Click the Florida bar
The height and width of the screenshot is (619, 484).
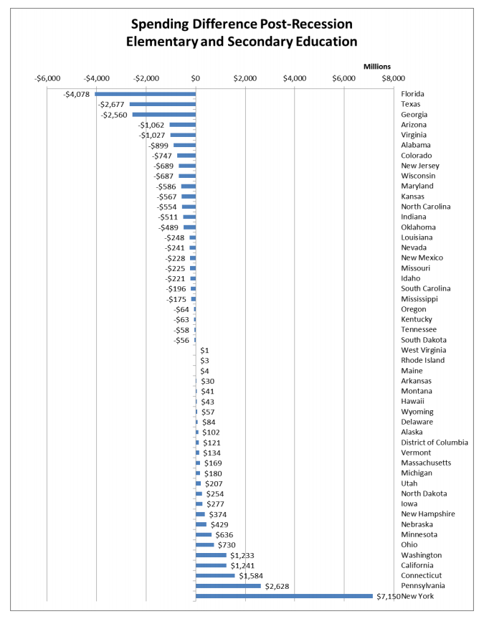[146, 94]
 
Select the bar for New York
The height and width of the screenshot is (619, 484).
[284, 596]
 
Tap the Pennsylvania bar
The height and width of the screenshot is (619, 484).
[228, 586]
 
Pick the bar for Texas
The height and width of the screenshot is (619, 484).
[163, 104]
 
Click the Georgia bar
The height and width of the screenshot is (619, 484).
[164, 115]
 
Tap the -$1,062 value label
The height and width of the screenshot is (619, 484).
[151, 125]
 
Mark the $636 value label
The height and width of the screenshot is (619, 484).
[224, 535]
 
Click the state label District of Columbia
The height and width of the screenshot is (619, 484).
[435, 443]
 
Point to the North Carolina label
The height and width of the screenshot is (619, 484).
[426, 207]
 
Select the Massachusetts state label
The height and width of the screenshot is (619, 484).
[426, 463]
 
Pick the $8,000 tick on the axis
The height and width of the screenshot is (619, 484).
[393, 77]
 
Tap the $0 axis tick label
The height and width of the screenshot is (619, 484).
[196, 77]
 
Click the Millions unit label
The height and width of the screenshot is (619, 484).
[377, 67]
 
